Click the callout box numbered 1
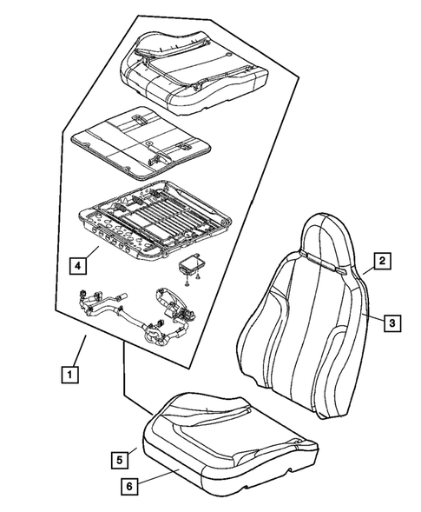[68, 376]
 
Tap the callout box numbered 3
[392, 322]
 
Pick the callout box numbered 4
[78, 263]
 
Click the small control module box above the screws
[192, 263]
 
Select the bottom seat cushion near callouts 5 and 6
[217, 435]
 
